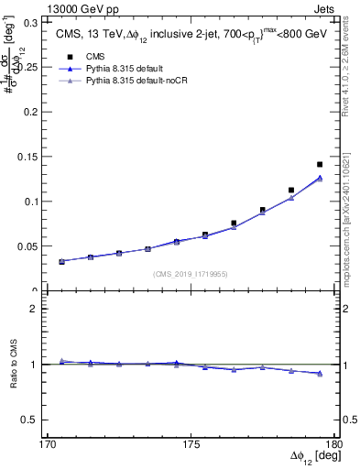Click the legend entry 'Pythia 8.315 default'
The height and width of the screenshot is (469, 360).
[x=130, y=69]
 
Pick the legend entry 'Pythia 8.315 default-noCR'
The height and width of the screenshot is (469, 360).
[x=142, y=82]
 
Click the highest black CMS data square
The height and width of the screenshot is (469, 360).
[x=320, y=165]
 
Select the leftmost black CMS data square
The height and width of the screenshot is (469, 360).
[x=61, y=261]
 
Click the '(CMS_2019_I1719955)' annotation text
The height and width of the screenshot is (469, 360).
[x=191, y=272]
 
